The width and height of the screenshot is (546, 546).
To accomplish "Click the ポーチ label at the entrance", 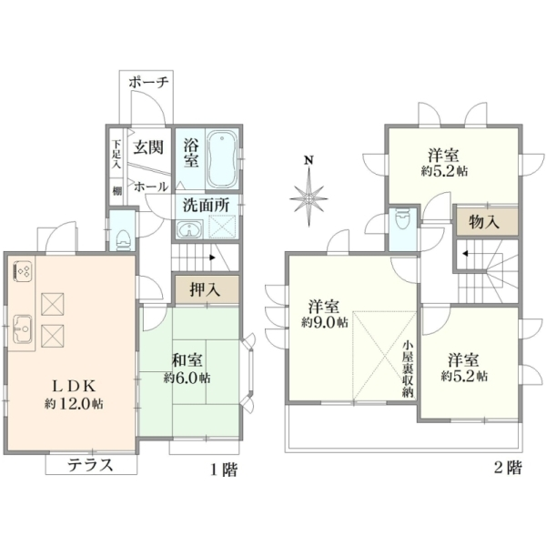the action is pos(148,83).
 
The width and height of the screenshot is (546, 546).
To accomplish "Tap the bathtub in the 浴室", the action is pos(222,159).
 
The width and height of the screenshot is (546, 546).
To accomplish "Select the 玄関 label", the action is pos(148,147).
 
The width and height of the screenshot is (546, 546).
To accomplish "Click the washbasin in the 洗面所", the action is pos(189,229).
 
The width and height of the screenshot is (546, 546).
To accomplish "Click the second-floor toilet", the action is pos(403,218).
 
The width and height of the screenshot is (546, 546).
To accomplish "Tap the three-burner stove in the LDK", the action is pos(23,270).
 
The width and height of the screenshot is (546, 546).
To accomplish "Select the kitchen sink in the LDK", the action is pos(22,329).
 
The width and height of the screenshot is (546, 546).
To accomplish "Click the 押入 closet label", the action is pos(205,289).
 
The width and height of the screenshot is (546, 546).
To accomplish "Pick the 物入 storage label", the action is pos(484,222).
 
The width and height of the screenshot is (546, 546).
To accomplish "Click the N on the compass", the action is pos(308,160).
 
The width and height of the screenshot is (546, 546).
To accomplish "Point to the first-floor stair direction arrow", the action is pos(212,258).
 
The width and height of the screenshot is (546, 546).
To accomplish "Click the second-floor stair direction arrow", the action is pos(464,253).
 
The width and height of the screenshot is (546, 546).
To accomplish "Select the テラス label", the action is pos(90,465).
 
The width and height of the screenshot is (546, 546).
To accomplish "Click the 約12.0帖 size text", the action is pos(74,403).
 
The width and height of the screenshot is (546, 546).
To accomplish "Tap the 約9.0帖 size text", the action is pos(325,322).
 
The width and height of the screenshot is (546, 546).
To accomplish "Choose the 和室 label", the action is pos(187,360).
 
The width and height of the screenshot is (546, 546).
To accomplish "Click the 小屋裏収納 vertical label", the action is pos(408,369).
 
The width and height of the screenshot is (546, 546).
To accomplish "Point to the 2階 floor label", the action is pos(508,468).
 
